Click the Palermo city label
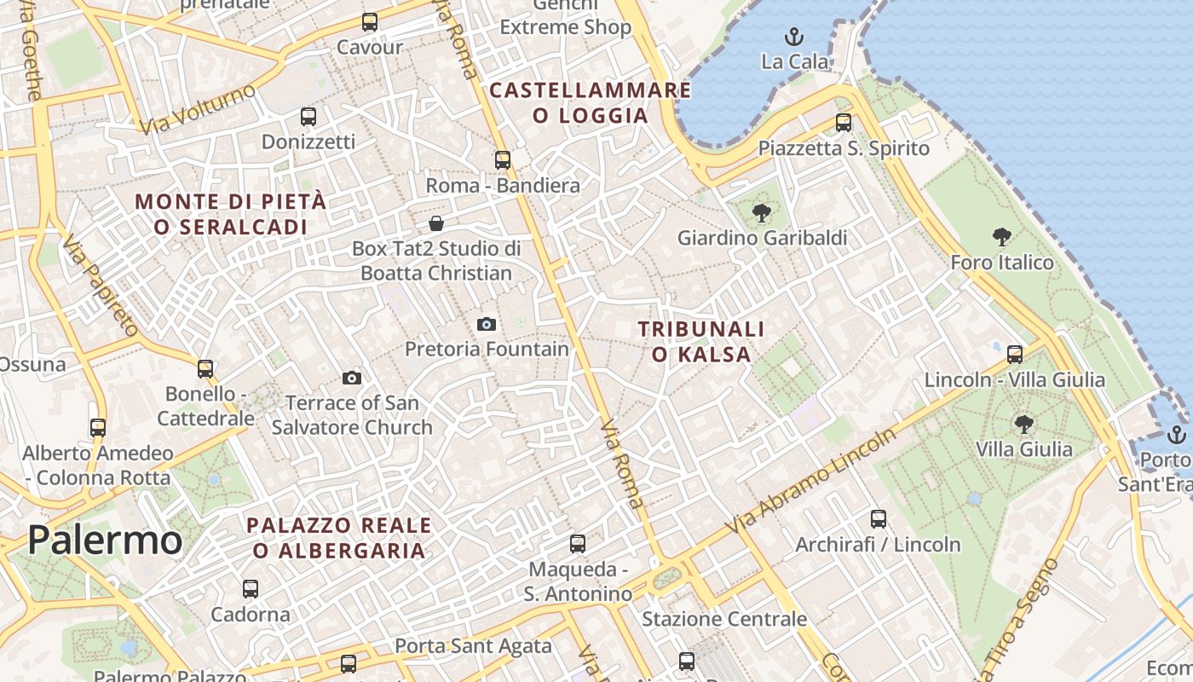[x=105, y=540]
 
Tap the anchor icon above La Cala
[x=794, y=37]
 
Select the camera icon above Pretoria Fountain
[x=487, y=324]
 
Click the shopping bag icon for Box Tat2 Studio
[x=436, y=223]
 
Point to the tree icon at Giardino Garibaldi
[x=762, y=213]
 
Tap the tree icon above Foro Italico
[x=1002, y=237]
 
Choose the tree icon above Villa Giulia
[x=1024, y=424]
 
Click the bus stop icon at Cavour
[x=370, y=22]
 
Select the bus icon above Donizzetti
[x=308, y=117]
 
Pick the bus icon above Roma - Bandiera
[x=503, y=159]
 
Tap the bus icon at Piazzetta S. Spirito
[x=844, y=123]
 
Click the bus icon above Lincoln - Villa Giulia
[x=1015, y=354]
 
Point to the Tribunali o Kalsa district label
[x=700, y=341]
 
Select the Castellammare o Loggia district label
[x=590, y=102]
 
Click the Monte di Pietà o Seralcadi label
[x=230, y=214]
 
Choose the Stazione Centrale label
[x=723, y=619]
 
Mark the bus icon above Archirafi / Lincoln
[x=879, y=518]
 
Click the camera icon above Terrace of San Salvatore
[x=352, y=378]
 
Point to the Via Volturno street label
[x=199, y=108]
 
